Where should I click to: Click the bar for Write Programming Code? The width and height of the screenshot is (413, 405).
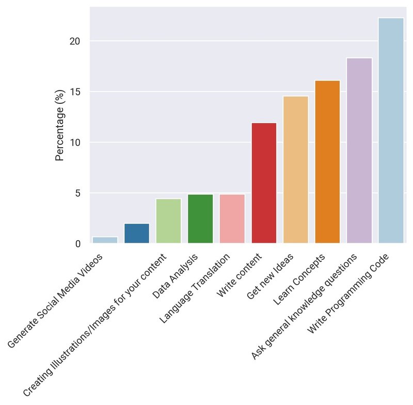click(391, 130)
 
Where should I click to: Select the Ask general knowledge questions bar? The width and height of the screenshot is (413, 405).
click(359, 150)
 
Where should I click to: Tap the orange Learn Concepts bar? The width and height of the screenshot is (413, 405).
click(327, 162)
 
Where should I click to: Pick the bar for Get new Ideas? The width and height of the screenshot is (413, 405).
click(295, 169)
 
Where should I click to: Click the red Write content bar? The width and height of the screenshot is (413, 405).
click(264, 183)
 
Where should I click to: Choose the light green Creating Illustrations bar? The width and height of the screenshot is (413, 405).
click(168, 221)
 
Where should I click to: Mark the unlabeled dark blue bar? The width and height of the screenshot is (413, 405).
click(137, 233)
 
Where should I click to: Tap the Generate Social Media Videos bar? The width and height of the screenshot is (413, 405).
click(105, 240)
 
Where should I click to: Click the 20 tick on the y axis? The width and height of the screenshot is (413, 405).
click(75, 41)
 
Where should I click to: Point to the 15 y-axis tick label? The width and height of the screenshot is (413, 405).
click(75, 92)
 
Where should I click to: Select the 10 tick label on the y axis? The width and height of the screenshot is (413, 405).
click(75, 143)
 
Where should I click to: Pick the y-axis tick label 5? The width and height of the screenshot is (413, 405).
click(78, 193)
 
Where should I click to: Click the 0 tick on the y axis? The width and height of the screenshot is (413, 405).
click(78, 244)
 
